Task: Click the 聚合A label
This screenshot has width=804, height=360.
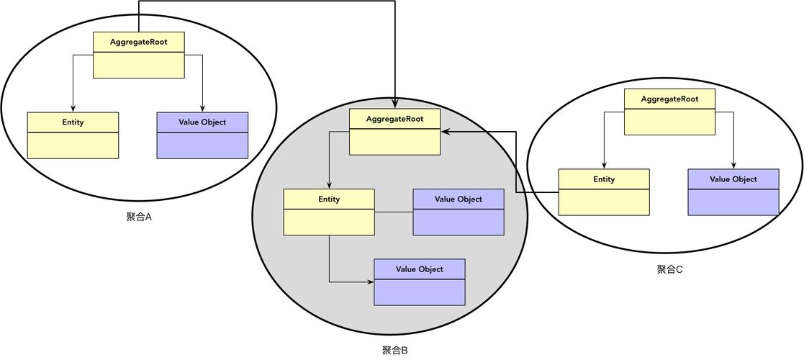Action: [x=138, y=217]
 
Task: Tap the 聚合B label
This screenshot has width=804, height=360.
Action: [x=395, y=351]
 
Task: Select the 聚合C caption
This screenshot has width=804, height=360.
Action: [x=669, y=269]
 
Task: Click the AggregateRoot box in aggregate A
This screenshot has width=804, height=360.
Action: [x=139, y=55]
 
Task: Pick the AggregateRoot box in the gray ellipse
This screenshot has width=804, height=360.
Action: [x=394, y=131]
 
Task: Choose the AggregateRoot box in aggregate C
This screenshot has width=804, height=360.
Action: [x=669, y=112]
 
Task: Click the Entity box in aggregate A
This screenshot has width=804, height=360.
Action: [x=73, y=135]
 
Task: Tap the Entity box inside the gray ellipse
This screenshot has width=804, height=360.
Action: [x=329, y=212]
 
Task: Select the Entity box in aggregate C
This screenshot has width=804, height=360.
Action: [x=604, y=192]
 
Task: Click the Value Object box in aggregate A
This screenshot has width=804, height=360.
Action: [x=202, y=135]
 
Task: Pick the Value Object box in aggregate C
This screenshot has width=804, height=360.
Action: [x=733, y=192]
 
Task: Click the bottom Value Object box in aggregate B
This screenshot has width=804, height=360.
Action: [x=420, y=282]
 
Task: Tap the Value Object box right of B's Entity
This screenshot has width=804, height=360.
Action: [x=459, y=212]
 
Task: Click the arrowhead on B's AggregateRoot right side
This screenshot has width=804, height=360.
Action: [x=445, y=132]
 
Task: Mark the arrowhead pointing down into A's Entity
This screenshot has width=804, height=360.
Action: [x=73, y=108]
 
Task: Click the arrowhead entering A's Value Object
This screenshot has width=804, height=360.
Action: [x=202, y=108]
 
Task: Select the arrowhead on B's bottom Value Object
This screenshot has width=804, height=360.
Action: [x=370, y=282]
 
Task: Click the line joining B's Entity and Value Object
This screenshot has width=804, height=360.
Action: [x=394, y=212]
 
